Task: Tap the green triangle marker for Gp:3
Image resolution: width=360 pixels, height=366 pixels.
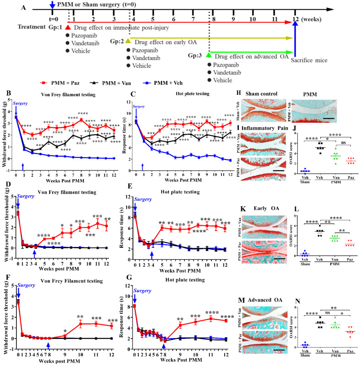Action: pyautogui.click(x=209, y=55)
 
